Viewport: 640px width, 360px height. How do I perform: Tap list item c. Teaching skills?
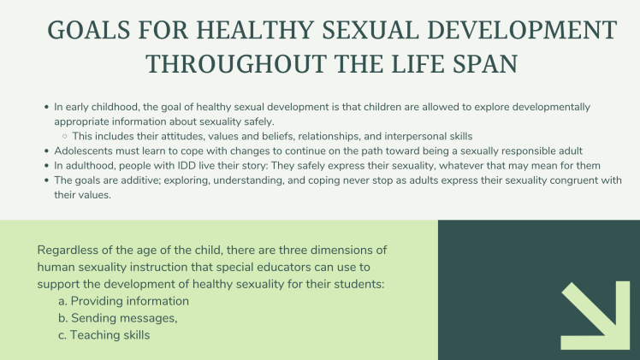(104, 335)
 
